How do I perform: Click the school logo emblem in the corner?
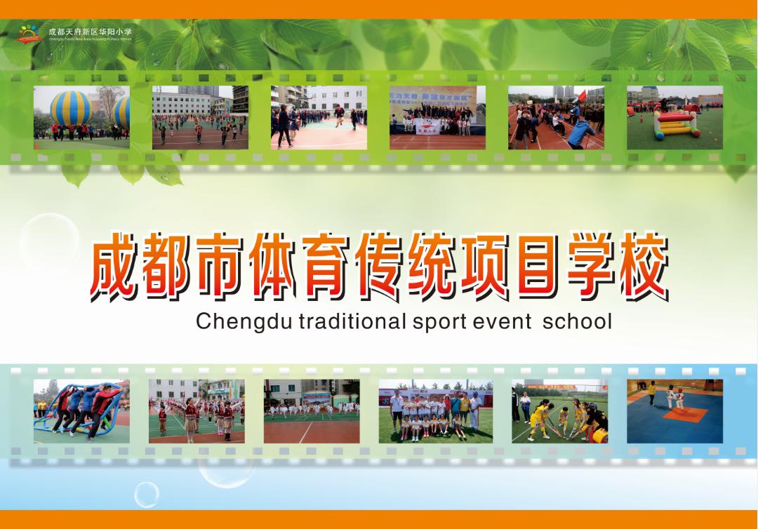pos(29,33)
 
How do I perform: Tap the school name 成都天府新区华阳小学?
pos(90,32)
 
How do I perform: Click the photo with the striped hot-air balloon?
pos(81,117)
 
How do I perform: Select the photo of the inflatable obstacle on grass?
pos(674,117)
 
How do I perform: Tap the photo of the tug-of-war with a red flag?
pos(556,117)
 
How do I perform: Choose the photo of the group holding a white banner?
pos(437,117)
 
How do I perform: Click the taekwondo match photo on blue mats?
pos(674,411)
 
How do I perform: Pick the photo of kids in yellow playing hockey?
pos(559,411)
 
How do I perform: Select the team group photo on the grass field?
pos(435,411)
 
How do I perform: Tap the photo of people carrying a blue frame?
pos(81,411)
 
